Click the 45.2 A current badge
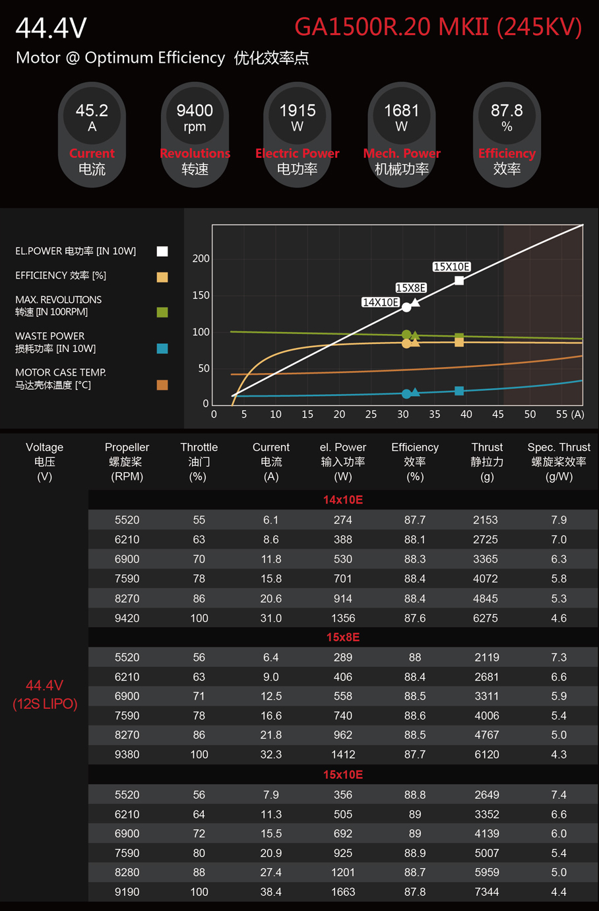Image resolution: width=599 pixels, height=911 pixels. tap(92, 135)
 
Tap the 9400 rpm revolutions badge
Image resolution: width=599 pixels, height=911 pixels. tap(195, 135)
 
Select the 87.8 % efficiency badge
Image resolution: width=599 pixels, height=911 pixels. tap(507, 135)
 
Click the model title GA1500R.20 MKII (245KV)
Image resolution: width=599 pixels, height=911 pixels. tap(438, 27)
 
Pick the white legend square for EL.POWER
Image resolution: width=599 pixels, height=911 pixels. tap(162, 251)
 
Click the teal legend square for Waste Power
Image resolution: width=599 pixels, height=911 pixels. tap(162, 348)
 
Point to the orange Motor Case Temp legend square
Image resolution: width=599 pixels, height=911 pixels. tap(162, 385)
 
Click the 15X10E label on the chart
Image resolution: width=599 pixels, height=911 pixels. tap(452, 267)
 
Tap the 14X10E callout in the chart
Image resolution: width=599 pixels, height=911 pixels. tap(381, 302)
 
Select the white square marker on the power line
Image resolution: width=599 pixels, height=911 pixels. tap(459, 281)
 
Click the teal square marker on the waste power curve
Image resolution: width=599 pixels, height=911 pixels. tap(459, 391)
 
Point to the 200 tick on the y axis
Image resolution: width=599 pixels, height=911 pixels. tap(201, 258)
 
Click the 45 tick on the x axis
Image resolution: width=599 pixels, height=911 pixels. tap(498, 415)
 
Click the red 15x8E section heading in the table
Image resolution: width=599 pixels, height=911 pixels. tap(343, 637)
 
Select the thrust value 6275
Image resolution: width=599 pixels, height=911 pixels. tap(487, 618)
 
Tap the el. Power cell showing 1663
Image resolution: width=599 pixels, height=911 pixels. tap(343, 892)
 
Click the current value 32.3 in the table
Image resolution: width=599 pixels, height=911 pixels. tap(271, 754)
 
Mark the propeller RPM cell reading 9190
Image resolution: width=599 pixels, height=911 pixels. tap(127, 892)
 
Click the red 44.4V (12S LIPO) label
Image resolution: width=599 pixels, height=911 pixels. tap(45, 694)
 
